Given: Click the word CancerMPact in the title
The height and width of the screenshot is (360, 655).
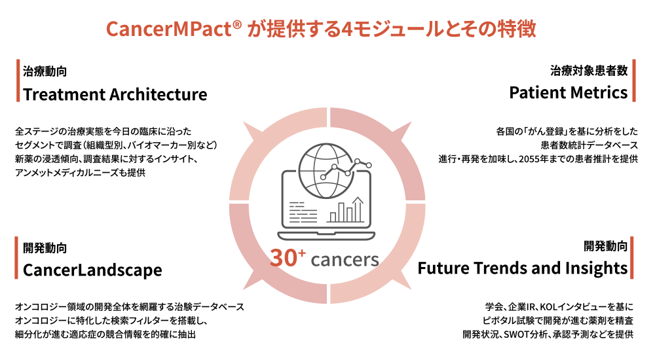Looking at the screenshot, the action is click(x=169, y=29).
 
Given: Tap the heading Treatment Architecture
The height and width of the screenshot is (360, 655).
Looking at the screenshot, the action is click(x=115, y=94).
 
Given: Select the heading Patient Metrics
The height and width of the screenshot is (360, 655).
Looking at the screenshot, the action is click(x=569, y=93).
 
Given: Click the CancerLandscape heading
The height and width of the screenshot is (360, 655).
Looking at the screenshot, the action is click(x=93, y=270).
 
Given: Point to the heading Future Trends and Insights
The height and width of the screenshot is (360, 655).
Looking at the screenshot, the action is click(x=523, y=268).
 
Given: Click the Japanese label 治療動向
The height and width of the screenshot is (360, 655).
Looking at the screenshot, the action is click(x=45, y=71).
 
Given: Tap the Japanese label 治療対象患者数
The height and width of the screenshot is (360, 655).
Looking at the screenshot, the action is click(x=589, y=71).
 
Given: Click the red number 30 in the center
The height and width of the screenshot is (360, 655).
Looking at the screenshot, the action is click(x=283, y=258).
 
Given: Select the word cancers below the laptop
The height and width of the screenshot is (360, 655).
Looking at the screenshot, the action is click(x=345, y=260).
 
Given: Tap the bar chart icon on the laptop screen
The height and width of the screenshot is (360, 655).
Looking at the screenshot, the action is click(x=346, y=210).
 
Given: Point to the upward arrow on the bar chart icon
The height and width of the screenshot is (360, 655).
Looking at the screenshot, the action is click(x=358, y=209).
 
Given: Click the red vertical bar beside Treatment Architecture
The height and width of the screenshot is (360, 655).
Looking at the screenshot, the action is click(x=18, y=81).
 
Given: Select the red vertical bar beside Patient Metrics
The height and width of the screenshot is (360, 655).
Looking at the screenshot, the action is click(x=633, y=81).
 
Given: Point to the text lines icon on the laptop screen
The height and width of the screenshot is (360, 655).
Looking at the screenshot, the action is click(x=303, y=212).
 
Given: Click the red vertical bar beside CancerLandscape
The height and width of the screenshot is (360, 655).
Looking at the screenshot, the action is click(x=16, y=258).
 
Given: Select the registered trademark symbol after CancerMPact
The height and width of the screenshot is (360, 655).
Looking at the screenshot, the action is click(x=237, y=24).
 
